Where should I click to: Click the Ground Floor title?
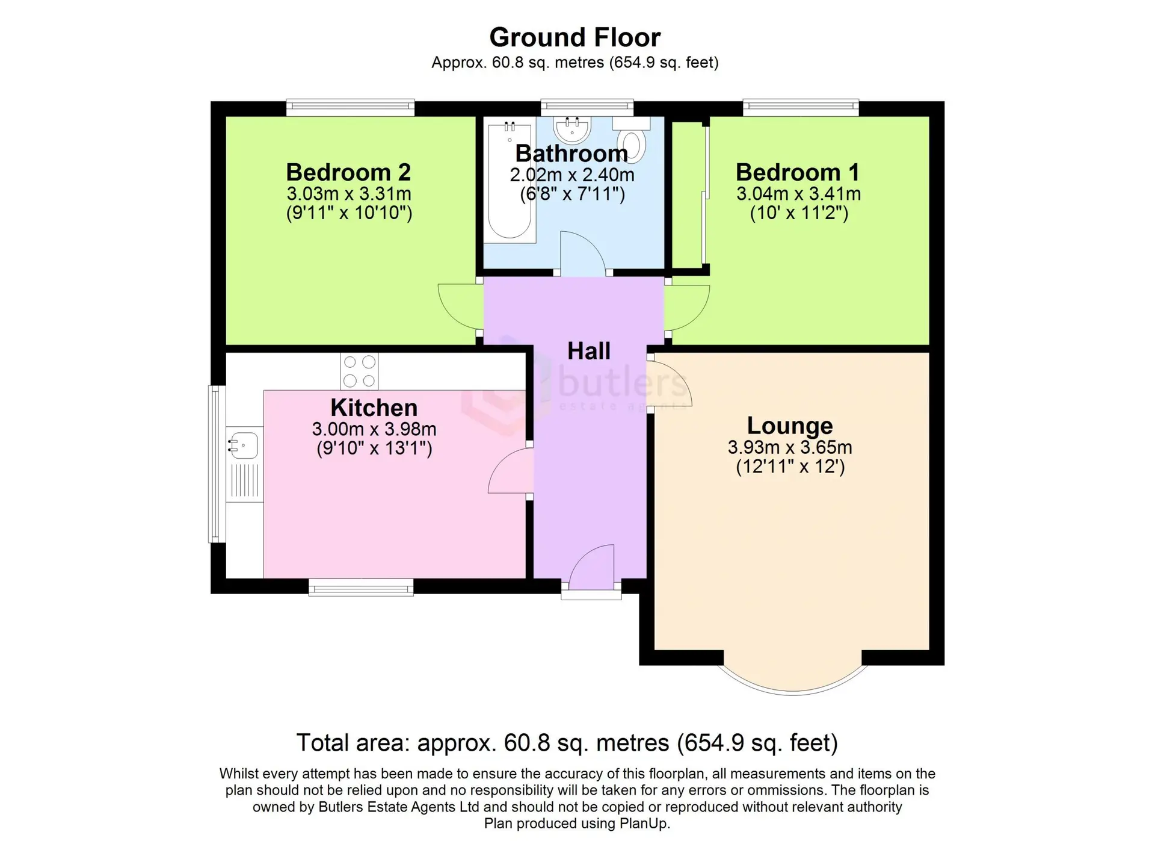[574, 37]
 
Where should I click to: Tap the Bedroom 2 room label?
[348, 172]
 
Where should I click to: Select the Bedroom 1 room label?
[798, 172]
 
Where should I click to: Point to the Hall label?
[589, 351]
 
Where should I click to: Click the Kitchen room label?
[374, 408]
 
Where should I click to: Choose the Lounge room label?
[790, 426]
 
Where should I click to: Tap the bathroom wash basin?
[572, 128]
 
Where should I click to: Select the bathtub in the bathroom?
[510, 181]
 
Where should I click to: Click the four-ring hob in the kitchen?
[359, 371]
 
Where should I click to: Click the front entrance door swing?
[591, 567]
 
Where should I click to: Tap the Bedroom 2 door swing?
[460, 306]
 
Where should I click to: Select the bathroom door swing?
[583, 253]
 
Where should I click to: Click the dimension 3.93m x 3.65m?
[790, 447]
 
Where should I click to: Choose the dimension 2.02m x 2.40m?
[572, 175]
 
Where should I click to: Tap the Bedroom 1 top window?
[801, 108]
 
